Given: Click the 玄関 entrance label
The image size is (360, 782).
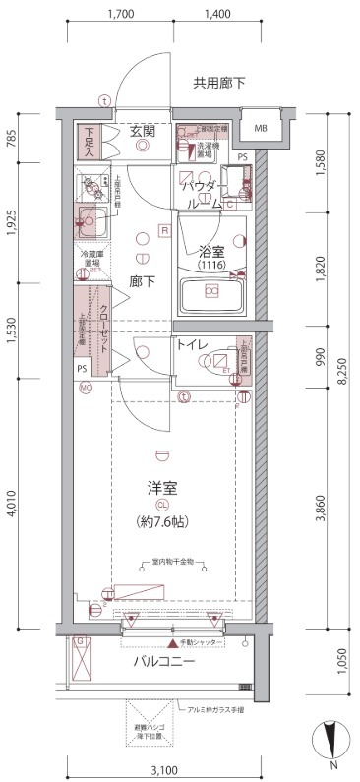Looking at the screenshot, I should click(143, 130).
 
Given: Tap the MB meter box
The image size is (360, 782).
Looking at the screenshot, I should click(261, 128).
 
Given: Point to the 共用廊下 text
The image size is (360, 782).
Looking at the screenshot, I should click(218, 84).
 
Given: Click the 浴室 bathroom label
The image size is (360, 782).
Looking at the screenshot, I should click(213, 251).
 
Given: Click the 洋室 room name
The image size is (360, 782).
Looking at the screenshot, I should click(162, 488).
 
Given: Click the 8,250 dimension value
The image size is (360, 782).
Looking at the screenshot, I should click(341, 372).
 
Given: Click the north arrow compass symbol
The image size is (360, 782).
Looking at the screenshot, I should click(330, 739).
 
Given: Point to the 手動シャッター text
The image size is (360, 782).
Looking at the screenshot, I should click(194, 644).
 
